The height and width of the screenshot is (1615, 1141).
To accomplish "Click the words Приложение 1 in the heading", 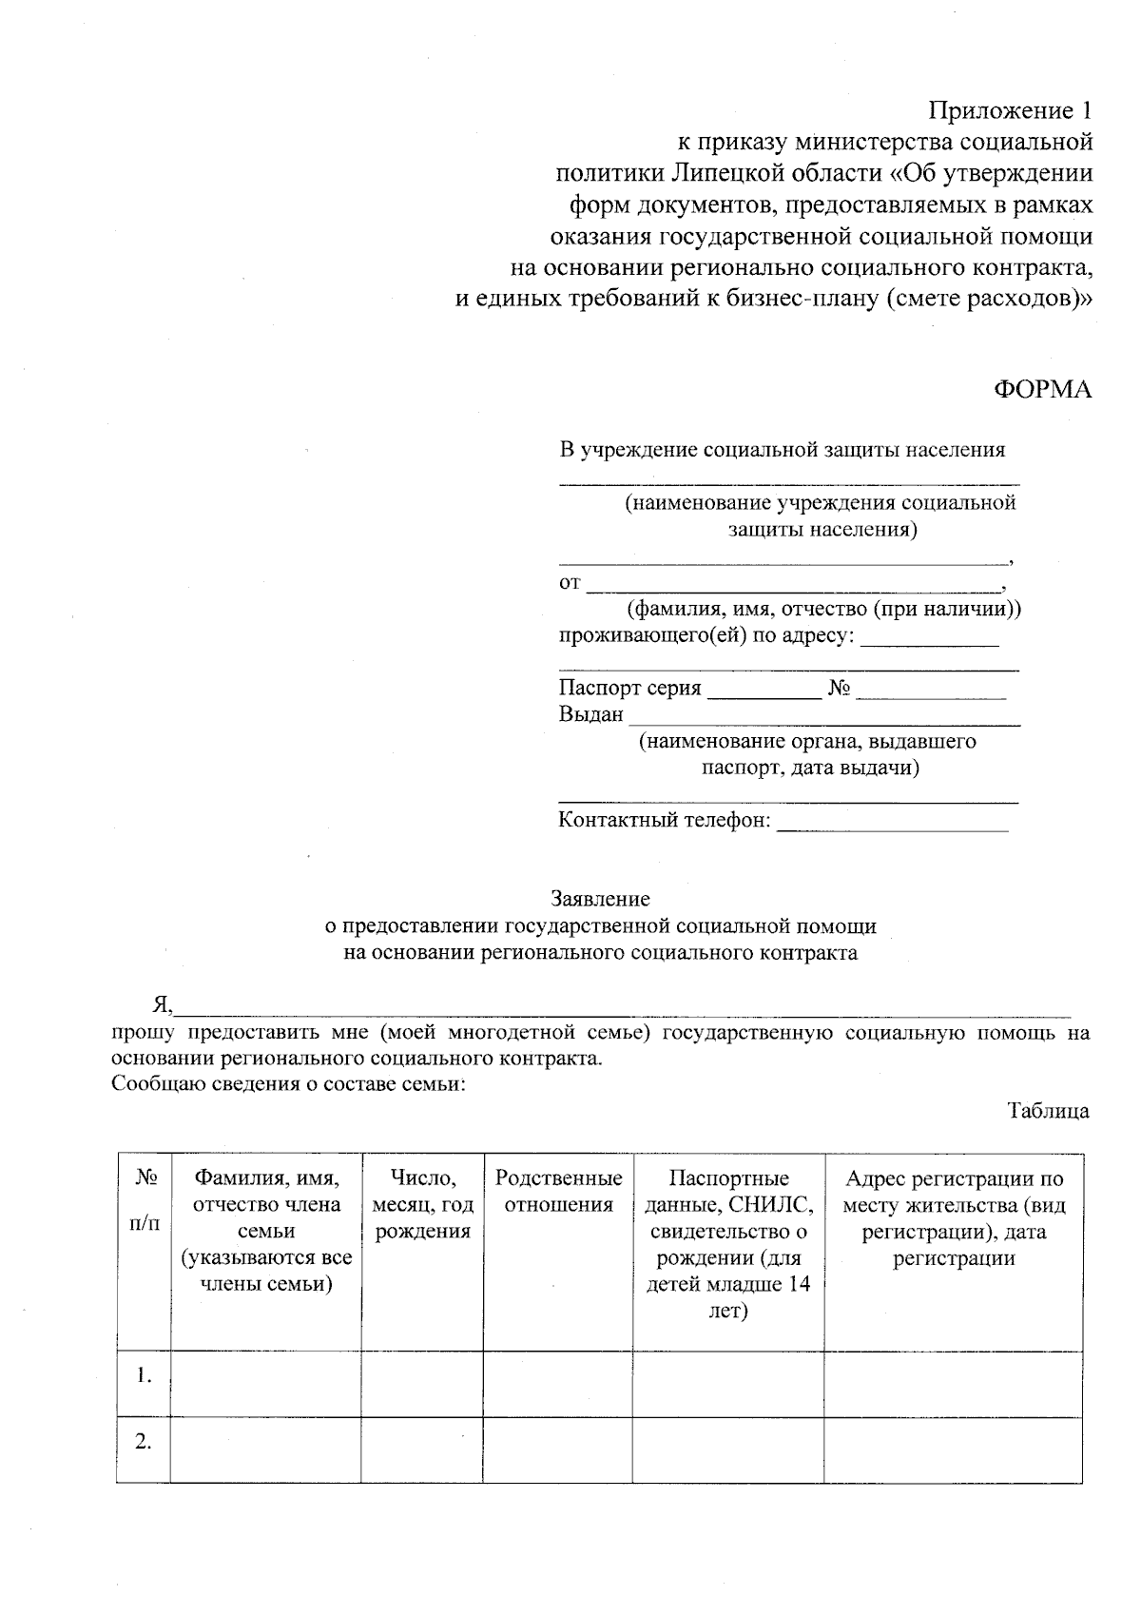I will pyautogui.click(x=1011, y=111).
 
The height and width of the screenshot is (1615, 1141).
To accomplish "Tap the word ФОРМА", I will pyautogui.click(x=1042, y=389).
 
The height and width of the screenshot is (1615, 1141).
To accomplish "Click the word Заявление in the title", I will pyautogui.click(x=600, y=899).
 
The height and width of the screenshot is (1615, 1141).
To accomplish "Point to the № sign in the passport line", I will pyautogui.click(x=838, y=688).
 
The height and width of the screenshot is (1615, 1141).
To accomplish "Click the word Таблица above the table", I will pyautogui.click(x=1049, y=1111).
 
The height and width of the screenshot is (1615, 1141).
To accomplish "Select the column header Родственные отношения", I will pyautogui.click(x=558, y=1192).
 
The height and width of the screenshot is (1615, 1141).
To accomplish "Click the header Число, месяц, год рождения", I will pyautogui.click(x=422, y=1205).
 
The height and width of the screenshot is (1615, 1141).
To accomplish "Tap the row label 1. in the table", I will pyautogui.click(x=144, y=1375).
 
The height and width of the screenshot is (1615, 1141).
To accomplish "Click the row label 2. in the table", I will pyautogui.click(x=144, y=1442).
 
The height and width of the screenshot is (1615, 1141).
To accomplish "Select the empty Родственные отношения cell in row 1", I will pyautogui.click(x=558, y=1384).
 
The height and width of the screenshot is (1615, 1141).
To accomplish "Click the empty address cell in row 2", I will pyautogui.click(x=953, y=1450).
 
